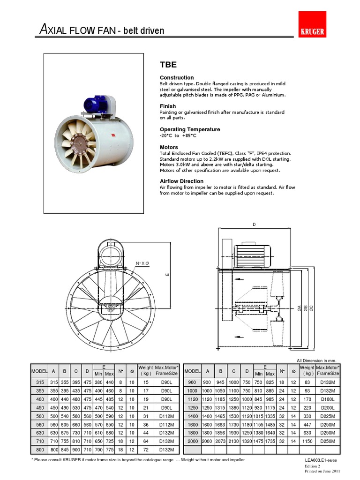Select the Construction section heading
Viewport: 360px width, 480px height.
[177, 78]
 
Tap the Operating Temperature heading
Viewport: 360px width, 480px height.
[190, 129]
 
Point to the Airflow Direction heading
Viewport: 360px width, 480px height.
[181, 181]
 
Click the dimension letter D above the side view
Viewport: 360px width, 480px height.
[254, 225]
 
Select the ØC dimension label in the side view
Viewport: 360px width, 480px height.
[311, 308]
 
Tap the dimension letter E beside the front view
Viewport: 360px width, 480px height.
[166, 274]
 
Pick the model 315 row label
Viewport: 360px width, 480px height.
[39, 383]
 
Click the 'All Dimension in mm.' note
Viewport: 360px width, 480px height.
[316, 360]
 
